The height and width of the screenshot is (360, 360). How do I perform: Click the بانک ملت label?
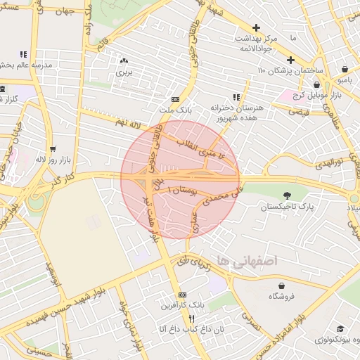(x=175, y=110)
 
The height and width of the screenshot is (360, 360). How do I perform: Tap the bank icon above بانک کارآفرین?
(x=183, y=295)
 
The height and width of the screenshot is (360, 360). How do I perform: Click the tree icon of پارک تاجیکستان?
(x=286, y=195)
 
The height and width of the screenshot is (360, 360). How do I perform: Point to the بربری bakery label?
(x=124, y=72)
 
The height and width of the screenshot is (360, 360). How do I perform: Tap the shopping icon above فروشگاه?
(x=282, y=285)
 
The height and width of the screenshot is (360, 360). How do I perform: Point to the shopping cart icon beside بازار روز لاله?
(x=53, y=148)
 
